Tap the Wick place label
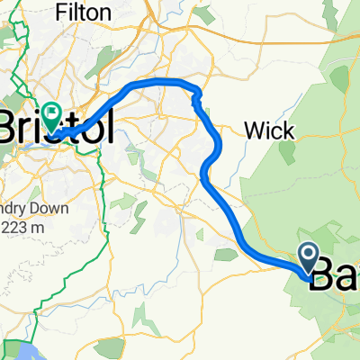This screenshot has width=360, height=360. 269,131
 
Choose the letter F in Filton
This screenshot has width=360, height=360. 60,13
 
